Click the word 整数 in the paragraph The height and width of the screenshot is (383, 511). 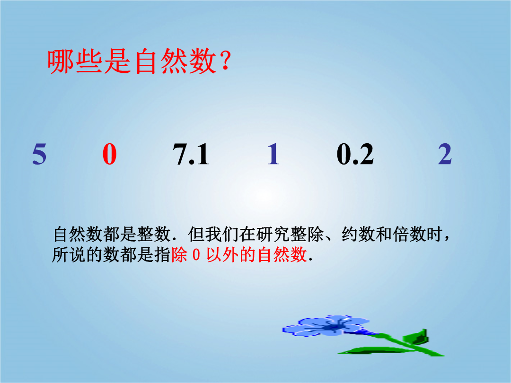click(x=154, y=234)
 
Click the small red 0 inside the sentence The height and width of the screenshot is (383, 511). click(x=196, y=255)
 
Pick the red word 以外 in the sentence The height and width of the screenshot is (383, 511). click(x=223, y=254)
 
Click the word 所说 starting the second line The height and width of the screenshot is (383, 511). click(x=69, y=254)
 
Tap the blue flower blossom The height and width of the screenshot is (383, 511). click(x=326, y=326)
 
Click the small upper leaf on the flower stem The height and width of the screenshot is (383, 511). click(x=416, y=337)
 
